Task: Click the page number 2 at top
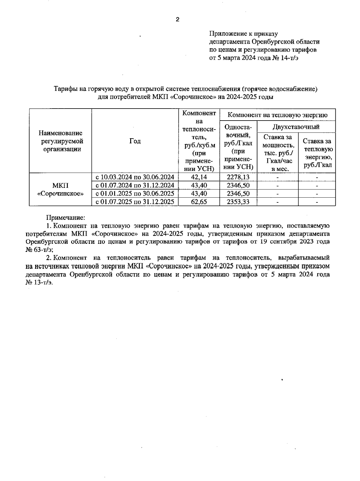(177, 20)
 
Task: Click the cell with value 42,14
(199, 177)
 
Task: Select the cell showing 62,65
(199, 202)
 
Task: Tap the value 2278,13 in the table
(238, 177)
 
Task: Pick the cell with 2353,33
(238, 202)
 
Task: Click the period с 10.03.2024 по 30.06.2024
(135, 177)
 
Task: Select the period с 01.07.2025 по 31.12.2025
(135, 202)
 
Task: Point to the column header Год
(135, 141)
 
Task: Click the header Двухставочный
(296, 127)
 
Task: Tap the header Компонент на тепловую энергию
(277, 115)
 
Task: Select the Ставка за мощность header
(277, 153)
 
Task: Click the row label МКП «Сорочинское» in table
(60, 190)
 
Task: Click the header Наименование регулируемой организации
(60, 141)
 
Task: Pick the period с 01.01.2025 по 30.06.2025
(135, 194)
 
